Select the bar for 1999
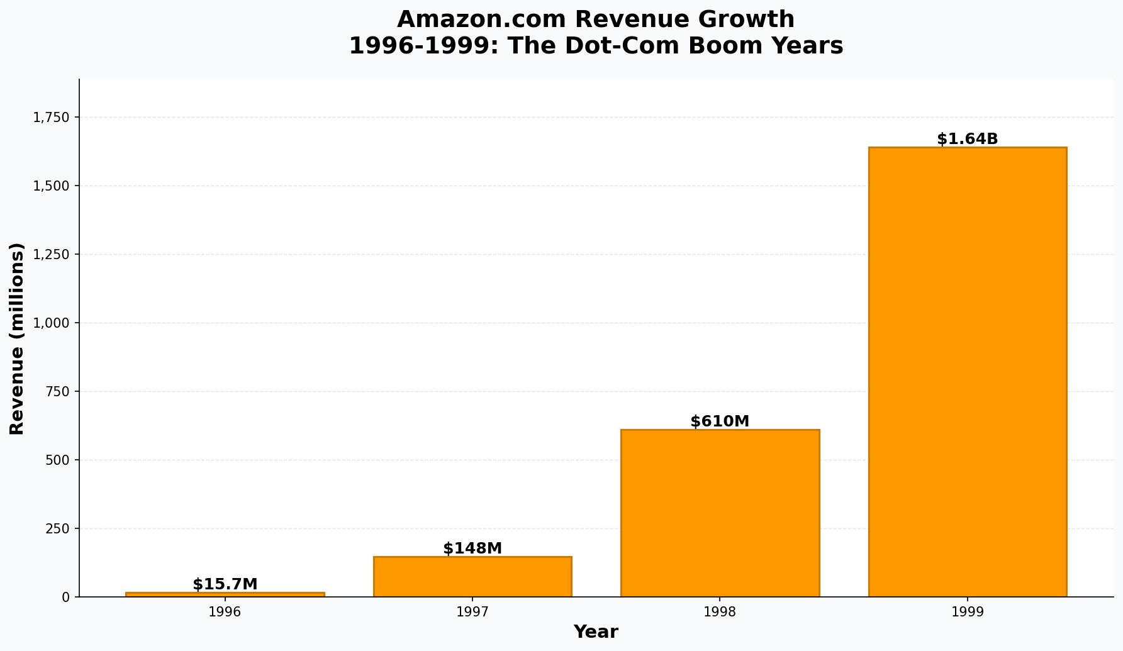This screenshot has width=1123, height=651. click(x=967, y=372)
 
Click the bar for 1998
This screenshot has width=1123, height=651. click(x=720, y=513)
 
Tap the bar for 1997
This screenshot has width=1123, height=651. click(x=472, y=576)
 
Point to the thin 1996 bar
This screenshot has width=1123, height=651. click(x=225, y=594)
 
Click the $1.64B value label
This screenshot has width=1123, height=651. click(x=967, y=139)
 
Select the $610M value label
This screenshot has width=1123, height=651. click(x=720, y=421)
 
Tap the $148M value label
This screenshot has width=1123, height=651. click(x=472, y=548)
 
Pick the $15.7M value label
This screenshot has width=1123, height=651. click(x=225, y=584)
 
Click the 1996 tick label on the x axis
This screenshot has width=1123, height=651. click(x=225, y=612)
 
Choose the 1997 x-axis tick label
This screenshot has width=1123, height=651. click(x=472, y=612)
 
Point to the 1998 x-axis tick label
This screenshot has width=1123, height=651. click(x=720, y=612)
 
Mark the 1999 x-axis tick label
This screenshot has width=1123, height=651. click(x=967, y=612)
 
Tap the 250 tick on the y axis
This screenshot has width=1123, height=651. click(x=58, y=529)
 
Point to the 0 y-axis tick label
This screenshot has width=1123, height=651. click(x=66, y=597)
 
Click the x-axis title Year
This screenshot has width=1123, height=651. click(x=596, y=632)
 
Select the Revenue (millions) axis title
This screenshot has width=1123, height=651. click(x=17, y=338)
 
